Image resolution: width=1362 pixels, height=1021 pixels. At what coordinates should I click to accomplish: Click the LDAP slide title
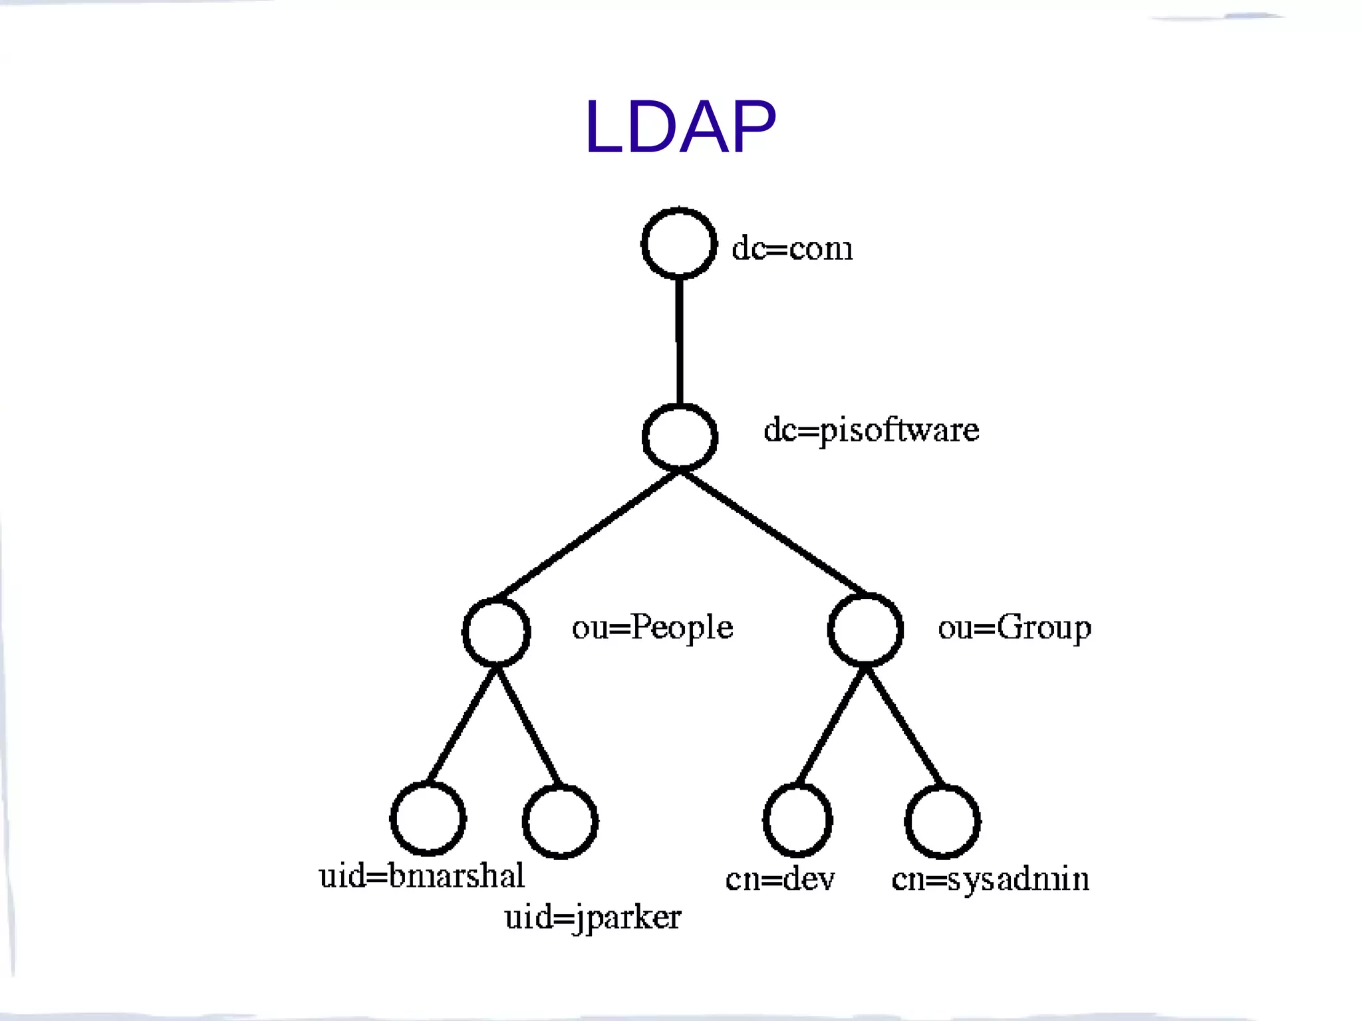click(680, 127)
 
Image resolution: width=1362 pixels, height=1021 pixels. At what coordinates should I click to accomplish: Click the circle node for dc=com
click(679, 243)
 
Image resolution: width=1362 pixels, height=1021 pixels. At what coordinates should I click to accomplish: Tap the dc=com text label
click(791, 248)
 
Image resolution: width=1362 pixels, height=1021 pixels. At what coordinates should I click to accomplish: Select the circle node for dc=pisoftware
click(680, 437)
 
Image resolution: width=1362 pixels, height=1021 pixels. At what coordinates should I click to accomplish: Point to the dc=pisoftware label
click(871, 430)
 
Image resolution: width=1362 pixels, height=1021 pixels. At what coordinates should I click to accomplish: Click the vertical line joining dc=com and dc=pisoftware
click(679, 340)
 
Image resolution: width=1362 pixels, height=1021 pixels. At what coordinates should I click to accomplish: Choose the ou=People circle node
click(496, 631)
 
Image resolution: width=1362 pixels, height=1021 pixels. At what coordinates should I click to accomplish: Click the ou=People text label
click(652, 627)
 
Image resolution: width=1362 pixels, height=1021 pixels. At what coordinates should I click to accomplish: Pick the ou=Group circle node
click(865, 629)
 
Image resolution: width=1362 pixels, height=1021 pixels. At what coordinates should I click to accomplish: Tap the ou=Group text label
click(1014, 627)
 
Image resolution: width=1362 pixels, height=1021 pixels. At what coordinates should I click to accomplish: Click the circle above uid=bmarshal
click(428, 818)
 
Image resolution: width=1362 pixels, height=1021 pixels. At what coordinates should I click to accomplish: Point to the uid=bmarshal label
click(421, 876)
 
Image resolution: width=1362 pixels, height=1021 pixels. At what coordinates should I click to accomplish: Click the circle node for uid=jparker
click(560, 822)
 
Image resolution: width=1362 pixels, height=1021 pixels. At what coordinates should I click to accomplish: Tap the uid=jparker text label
click(592, 918)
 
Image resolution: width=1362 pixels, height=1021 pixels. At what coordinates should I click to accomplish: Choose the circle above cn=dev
click(797, 820)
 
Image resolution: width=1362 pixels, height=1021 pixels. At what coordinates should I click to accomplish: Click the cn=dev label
click(779, 879)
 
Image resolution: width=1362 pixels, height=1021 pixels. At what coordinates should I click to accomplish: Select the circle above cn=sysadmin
click(942, 822)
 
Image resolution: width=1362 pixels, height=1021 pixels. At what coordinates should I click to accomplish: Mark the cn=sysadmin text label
click(990, 879)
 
